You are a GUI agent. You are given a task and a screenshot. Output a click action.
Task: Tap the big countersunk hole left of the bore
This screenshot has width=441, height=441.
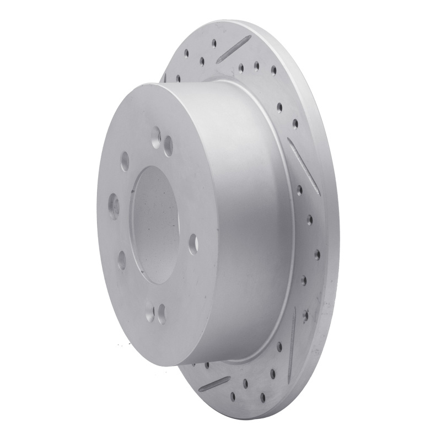(x=114, y=206)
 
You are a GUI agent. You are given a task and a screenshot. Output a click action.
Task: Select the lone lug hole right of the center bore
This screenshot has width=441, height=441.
(x=193, y=241)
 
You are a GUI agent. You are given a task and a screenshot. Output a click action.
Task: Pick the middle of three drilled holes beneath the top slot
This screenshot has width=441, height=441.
(x=256, y=66)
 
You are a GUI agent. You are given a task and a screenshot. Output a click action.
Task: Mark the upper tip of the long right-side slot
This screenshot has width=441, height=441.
(x=289, y=140)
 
